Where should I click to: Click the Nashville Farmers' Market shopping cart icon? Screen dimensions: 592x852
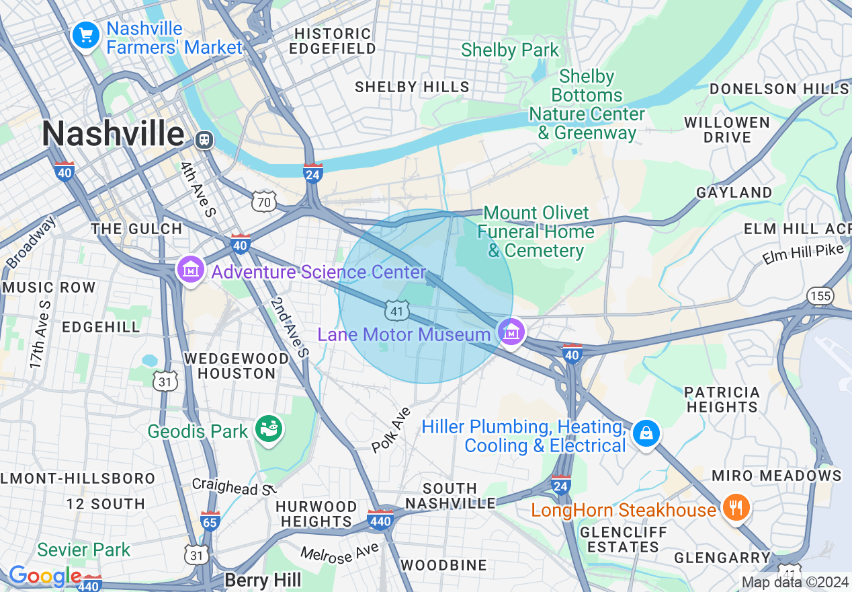[x=86, y=36]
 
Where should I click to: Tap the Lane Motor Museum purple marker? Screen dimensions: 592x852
[x=512, y=331]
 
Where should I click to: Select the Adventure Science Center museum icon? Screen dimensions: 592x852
[x=191, y=270]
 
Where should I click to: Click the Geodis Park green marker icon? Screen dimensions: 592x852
[x=269, y=430]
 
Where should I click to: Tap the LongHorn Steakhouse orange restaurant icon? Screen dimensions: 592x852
[x=736, y=507]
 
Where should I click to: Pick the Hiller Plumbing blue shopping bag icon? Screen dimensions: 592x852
[x=646, y=433]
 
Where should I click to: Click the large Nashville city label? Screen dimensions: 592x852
[x=113, y=134]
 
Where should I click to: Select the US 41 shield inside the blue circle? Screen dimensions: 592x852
[x=397, y=310]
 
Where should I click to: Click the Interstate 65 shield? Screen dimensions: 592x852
[x=210, y=520]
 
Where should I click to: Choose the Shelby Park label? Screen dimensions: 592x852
[x=510, y=50]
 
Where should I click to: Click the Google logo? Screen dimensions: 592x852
[x=44, y=577]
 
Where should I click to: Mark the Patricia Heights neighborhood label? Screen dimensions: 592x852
[x=722, y=400]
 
